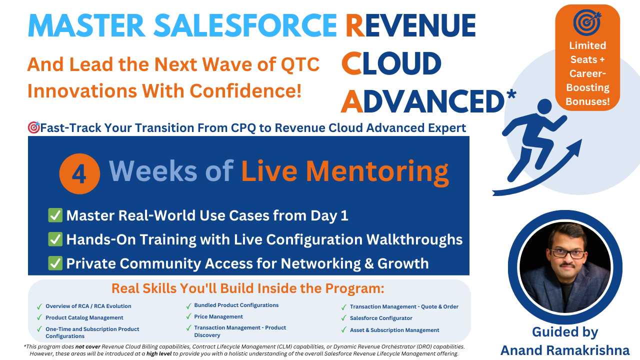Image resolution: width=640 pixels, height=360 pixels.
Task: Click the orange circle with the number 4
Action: point(79,173)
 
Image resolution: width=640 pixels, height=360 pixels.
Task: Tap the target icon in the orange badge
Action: point(587,22)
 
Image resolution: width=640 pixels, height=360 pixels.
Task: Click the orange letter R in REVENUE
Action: point(355,25)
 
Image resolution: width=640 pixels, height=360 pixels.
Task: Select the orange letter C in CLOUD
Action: point(351,63)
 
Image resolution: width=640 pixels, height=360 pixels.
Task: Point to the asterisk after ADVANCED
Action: point(510,95)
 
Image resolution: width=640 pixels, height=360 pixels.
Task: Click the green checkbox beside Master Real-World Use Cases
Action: point(55,215)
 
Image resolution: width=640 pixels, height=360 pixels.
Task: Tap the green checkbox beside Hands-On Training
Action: point(55,239)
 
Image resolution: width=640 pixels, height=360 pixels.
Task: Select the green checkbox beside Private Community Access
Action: point(55,263)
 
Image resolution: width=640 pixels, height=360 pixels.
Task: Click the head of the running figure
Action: point(544,107)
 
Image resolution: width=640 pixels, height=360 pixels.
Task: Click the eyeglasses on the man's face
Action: point(567,253)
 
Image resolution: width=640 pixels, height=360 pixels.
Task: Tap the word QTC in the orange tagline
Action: point(300,64)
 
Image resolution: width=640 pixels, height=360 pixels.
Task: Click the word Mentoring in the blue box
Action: point(377,172)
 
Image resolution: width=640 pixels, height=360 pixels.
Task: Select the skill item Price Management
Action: point(218,316)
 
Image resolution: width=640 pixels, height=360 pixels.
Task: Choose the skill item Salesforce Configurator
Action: point(381,318)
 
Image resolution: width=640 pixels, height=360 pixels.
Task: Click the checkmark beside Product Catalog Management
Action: point(39,317)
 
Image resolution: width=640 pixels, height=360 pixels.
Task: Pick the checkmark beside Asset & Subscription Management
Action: point(344,330)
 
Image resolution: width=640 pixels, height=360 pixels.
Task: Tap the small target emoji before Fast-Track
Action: point(33,127)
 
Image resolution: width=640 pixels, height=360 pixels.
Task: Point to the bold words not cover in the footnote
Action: point(87,346)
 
